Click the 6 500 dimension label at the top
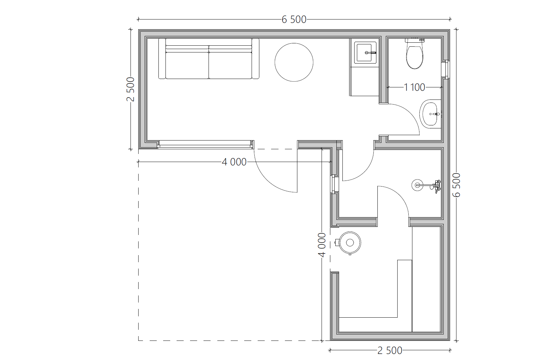coord(294,19)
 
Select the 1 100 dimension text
coord(414,87)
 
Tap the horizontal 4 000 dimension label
coord(234,162)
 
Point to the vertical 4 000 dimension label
coord(322,245)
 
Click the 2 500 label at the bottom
coord(390,351)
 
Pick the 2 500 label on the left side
coord(130,89)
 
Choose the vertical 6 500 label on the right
coord(456,185)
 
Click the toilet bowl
coord(414,56)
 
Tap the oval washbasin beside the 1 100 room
coord(430,114)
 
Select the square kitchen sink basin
coord(364,52)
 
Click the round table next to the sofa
coord(294,62)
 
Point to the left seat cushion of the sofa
coord(187,66)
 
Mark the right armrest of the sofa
coord(256,58)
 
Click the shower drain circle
coord(417,185)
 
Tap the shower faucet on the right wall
coord(436,186)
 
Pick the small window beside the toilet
coord(446,70)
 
